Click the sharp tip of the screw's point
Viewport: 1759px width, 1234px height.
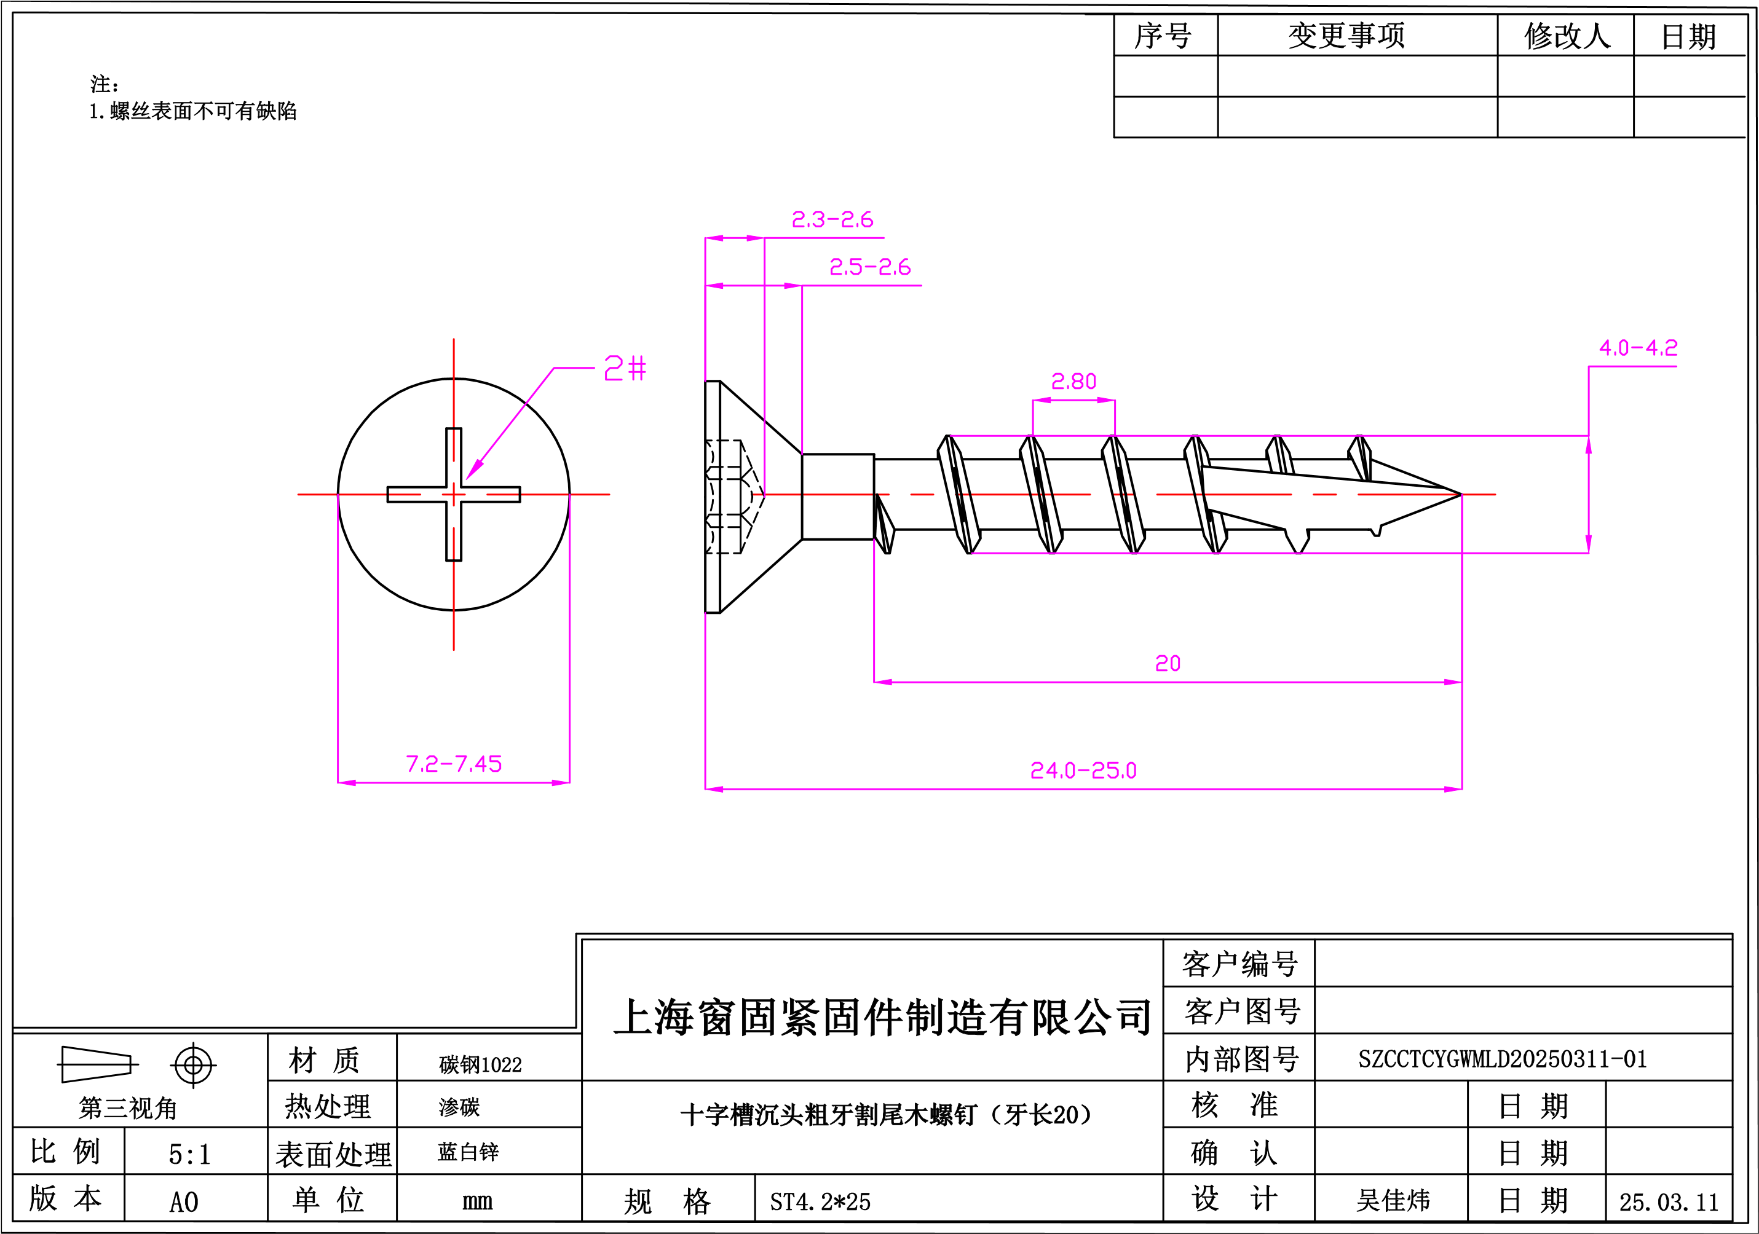coord(1461,494)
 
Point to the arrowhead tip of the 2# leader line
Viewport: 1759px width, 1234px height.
coord(467,479)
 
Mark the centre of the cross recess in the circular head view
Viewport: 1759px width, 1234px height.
coord(454,494)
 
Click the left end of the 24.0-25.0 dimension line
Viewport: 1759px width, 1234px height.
coord(706,788)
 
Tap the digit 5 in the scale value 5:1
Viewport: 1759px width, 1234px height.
coord(175,1154)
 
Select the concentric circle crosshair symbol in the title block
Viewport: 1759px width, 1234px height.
coord(193,1065)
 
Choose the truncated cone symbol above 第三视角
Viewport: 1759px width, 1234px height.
coord(97,1064)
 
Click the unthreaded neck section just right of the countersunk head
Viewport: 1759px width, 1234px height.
coord(838,497)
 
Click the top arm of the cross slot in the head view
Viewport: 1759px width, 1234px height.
coord(454,457)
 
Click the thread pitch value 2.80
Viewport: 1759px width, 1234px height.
coord(1073,380)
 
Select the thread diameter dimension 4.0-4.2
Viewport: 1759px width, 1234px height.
coord(1638,348)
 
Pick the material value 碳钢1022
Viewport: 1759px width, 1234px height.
coord(480,1064)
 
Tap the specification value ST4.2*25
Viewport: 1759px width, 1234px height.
coord(820,1201)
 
